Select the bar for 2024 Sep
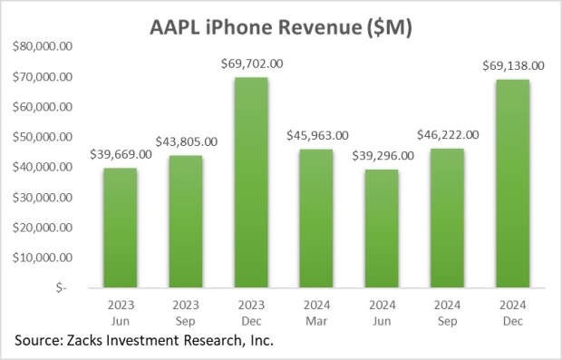coord(449,217)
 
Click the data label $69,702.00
coord(252,63)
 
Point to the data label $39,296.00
coord(383,155)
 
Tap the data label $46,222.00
coord(448,134)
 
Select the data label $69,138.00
coord(512,65)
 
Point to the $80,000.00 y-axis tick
coord(48,47)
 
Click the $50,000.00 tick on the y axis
coord(48,137)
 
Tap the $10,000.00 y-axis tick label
coord(48,257)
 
